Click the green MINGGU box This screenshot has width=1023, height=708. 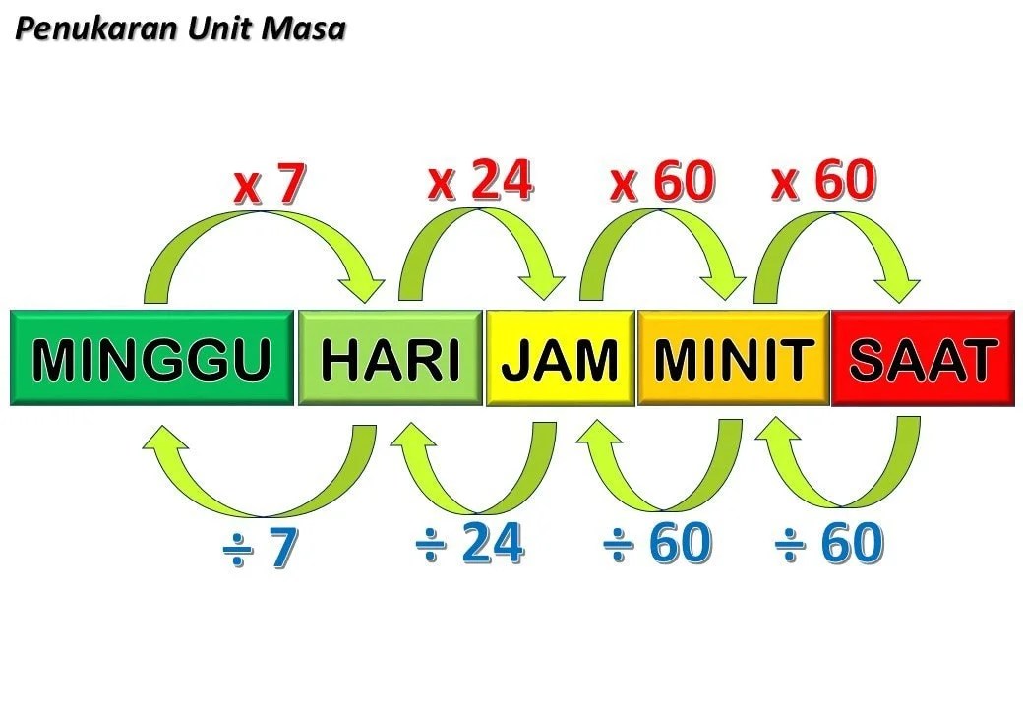(x=152, y=358)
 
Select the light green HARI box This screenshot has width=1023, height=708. (x=391, y=358)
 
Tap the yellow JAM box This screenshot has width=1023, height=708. (x=561, y=358)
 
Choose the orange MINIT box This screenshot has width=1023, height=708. (x=734, y=358)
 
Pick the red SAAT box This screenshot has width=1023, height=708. (x=924, y=358)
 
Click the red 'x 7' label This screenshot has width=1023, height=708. (x=270, y=184)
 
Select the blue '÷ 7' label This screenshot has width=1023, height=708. (x=261, y=548)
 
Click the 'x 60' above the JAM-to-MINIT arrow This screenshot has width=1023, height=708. (x=662, y=181)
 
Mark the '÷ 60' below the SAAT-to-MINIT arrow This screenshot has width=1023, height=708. (x=829, y=543)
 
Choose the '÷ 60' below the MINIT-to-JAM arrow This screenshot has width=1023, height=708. (x=657, y=543)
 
